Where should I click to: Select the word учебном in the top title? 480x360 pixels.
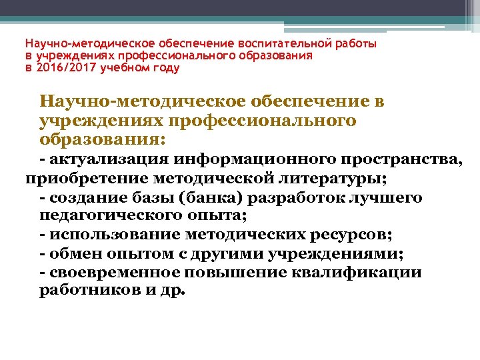click(x=123, y=68)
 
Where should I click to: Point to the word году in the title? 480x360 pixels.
click(x=166, y=68)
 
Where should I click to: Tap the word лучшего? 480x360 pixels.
click(x=391, y=198)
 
